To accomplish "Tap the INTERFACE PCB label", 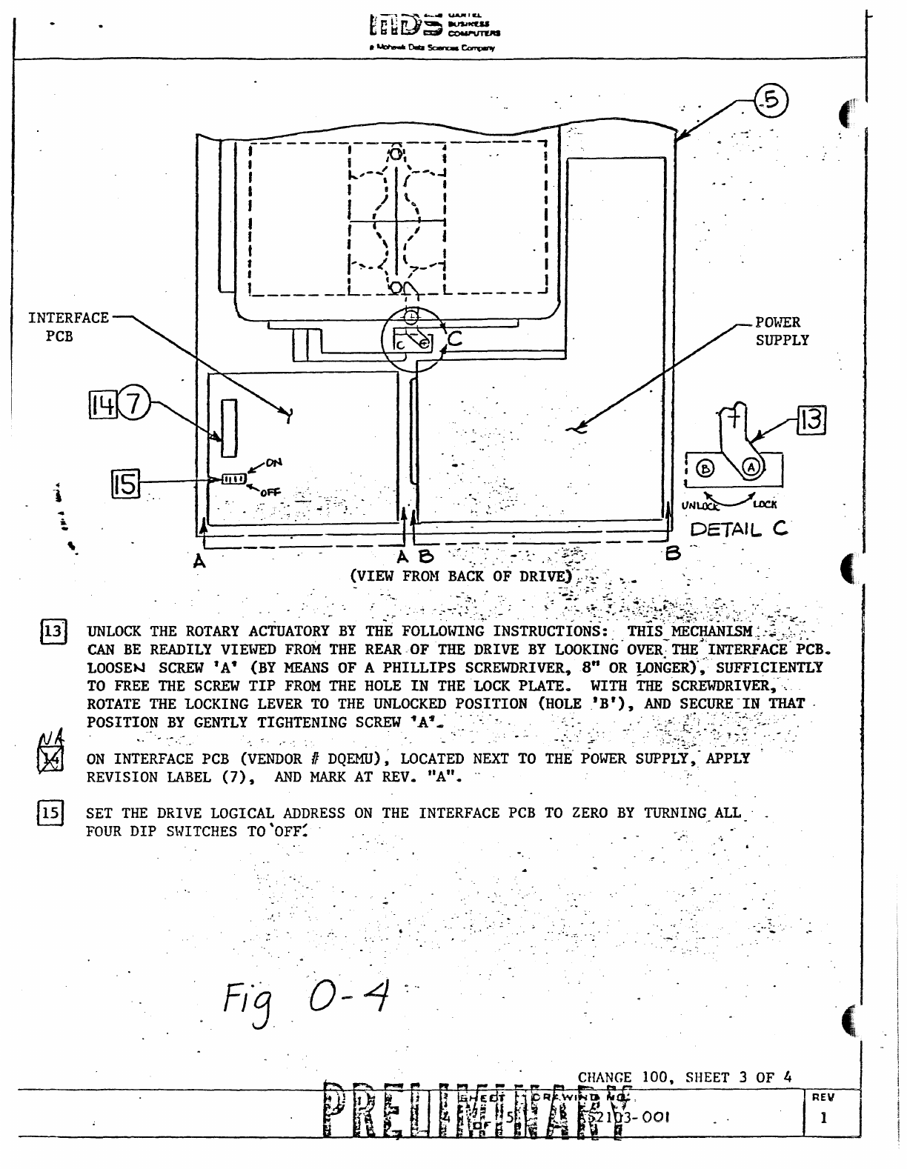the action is coord(67,327).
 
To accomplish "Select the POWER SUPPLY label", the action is coord(781,331).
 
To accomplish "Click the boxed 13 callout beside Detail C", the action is coord(811,420).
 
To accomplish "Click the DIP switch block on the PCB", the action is coord(233,479).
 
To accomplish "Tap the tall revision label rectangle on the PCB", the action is coord(229,429).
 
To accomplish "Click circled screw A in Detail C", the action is coord(751,467).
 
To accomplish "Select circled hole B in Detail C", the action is coord(705,468).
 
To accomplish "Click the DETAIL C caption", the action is coord(739,529).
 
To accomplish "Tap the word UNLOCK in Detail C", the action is coord(700,506).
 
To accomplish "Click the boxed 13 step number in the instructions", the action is coord(53,632).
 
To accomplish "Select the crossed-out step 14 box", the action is coord(53,759).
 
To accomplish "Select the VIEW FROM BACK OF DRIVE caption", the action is coord(461,576).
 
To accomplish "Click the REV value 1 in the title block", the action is coord(823,1118).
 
